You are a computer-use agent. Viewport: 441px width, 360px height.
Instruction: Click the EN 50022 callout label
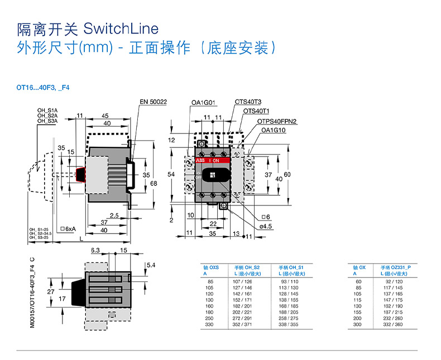tap(154, 102)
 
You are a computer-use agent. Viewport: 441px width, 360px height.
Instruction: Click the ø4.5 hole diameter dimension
tap(267, 226)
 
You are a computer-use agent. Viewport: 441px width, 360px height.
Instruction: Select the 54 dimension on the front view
tap(172, 175)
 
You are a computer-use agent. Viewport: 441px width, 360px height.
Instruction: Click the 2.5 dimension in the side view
tap(114, 215)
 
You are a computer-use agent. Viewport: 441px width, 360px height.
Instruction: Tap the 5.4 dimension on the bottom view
tap(150, 265)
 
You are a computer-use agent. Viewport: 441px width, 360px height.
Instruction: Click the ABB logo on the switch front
tap(200, 161)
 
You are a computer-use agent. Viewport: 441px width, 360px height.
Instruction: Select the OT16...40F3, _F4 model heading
tap(42, 88)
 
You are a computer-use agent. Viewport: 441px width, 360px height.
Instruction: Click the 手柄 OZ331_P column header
tap(395, 268)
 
